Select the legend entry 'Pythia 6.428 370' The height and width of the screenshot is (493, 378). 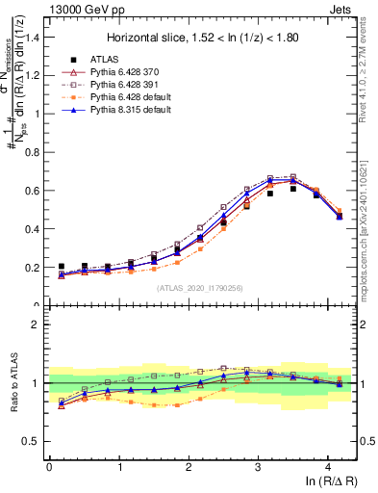tap(126, 72)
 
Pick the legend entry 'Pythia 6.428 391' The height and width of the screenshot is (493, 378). tap(126, 85)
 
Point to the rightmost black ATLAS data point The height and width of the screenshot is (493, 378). tap(340, 217)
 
